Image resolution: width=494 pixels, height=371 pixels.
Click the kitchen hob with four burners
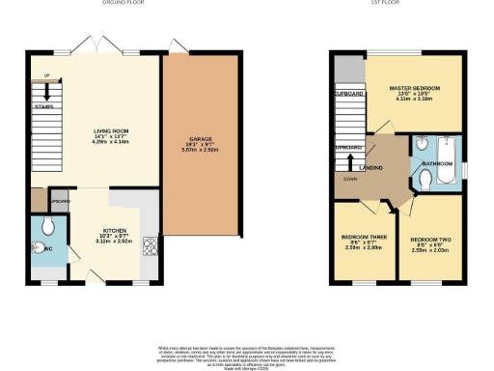[151, 246]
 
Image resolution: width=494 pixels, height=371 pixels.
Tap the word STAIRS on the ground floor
[42, 106]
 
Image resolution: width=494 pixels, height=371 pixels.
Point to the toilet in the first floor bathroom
[425, 181]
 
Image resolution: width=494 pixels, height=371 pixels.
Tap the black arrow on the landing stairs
[350, 159]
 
